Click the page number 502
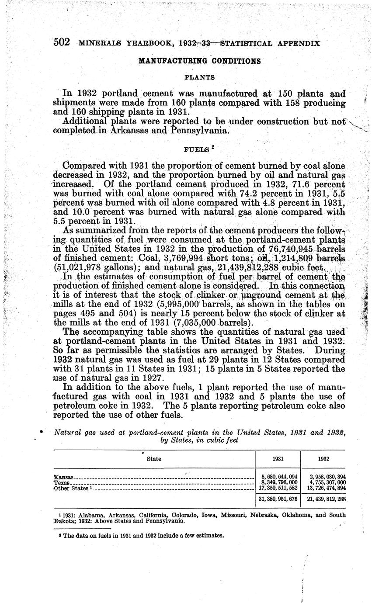point(61,42)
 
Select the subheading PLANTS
point(199,77)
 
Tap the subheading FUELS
point(197,149)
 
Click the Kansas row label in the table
point(63,477)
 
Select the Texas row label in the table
point(62,482)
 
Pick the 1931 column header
point(278,459)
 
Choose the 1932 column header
point(323,459)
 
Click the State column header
point(154,459)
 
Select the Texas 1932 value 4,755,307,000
point(325,482)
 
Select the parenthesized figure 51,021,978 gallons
point(79,267)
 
